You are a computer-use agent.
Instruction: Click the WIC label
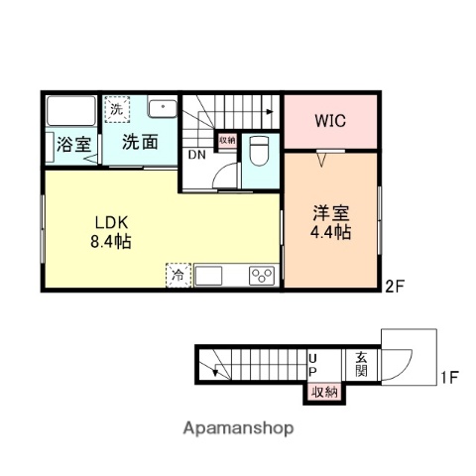click(330, 122)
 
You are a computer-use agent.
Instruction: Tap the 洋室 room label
click(331, 211)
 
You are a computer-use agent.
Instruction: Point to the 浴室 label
click(73, 143)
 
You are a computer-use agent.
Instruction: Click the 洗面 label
click(141, 142)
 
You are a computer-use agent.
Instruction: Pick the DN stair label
click(196, 154)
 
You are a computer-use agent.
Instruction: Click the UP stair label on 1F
click(312, 364)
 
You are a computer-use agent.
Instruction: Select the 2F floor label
click(395, 288)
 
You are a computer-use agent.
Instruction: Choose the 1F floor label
click(449, 377)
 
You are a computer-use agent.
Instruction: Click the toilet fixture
click(260, 152)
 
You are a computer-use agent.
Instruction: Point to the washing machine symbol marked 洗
click(117, 108)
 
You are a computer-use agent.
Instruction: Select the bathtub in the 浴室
click(69, 110)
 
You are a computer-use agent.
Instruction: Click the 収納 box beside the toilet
click(227, 140)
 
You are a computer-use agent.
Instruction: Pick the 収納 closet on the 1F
click(323, 393)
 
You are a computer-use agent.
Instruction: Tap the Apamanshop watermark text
click(237, 428)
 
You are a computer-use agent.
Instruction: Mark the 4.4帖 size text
click(331, 232)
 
